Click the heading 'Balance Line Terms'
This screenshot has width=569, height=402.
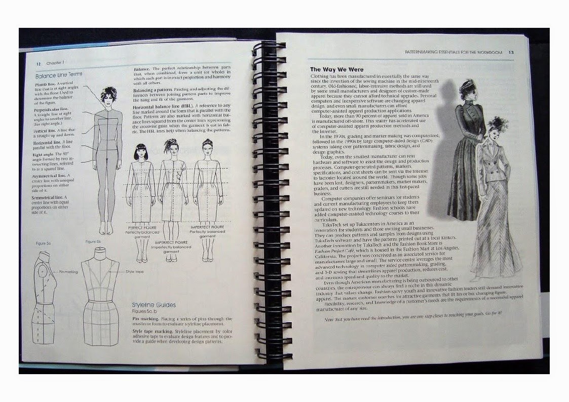(58, 74)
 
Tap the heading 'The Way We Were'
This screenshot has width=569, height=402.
(336, 69)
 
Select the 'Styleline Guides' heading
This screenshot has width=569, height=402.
(154, 305)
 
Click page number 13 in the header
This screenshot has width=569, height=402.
(511, 52)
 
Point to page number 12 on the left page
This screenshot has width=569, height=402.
(38, 64)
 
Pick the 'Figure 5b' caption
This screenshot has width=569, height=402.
(94, 242)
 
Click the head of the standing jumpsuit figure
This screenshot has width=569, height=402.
(108, 94)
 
